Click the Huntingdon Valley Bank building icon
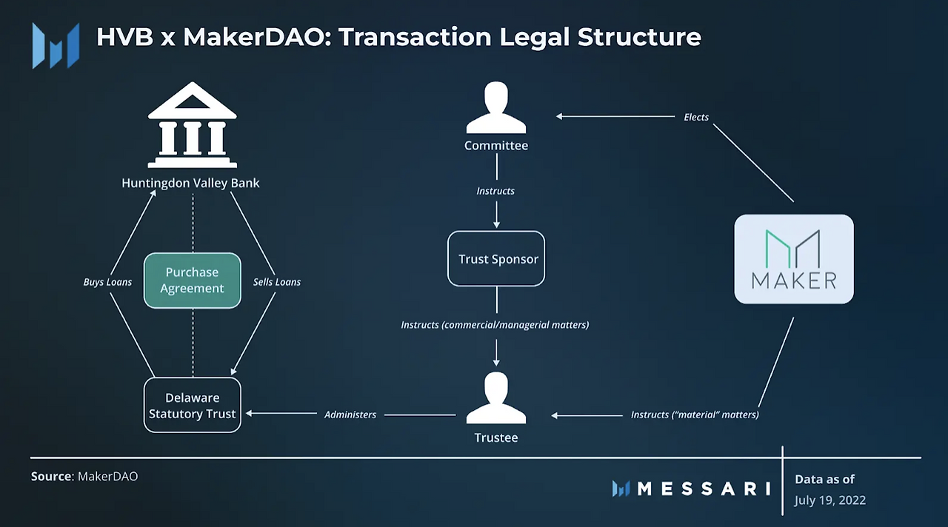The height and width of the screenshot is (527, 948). point(192,125)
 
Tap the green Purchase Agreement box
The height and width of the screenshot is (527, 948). point(192,280)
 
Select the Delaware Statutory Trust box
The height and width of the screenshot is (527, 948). point(192,405)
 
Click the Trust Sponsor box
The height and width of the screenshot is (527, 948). point(496,258)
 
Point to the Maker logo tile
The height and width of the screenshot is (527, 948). point(793,259)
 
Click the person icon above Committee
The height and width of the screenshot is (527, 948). point(496,107)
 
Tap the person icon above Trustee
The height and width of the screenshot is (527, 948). point(496,397)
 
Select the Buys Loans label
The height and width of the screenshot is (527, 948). point(107,282)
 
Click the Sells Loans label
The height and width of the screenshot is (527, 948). point(277,282)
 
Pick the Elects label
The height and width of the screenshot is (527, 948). point(696,117)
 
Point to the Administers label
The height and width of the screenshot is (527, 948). point(350,414)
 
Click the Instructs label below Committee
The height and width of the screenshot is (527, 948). point(495,191)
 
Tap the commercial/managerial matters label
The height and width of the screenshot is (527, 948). point(495,325)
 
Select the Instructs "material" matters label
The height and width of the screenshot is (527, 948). point(695,414)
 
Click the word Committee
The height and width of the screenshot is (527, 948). point(496,146)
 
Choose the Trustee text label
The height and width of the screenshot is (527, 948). point(496,437)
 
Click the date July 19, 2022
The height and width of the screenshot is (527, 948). point(830,500)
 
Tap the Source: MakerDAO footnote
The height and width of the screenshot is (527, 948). point(84,476)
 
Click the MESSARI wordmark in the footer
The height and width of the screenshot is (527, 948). point(691,489)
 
